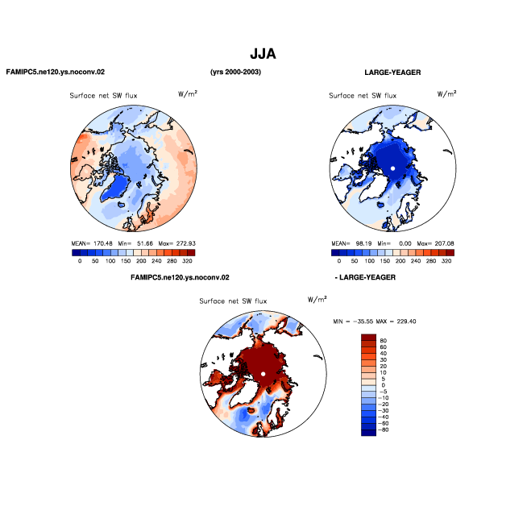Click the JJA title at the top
263,54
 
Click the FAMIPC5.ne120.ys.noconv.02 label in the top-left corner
56,72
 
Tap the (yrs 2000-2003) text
235,72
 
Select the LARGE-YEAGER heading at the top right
392,73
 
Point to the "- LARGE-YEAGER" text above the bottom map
365,277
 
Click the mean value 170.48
103,243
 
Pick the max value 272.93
186,243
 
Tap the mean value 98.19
363,243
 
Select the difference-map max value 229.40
406,322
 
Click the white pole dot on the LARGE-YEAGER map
392,168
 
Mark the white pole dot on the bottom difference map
263,374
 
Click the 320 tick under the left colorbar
187,261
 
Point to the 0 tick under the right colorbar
338,261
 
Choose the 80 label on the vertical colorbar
383,341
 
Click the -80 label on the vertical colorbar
383,429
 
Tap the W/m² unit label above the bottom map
317,299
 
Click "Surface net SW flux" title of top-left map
103,96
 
